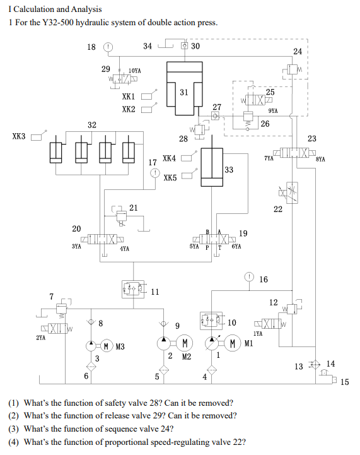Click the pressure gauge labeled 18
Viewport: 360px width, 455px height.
pyautogui.click(x=108, y=47)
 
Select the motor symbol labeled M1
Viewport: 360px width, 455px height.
pyautogui.click(x=234, y=344)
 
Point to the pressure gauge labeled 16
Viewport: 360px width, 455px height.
pyautogui.click(x=250, y=277)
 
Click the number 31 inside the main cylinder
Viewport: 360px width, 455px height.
pyautogui.click(x=183, y=92)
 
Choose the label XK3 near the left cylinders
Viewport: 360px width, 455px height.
pyautogui.click(x=20, y=136)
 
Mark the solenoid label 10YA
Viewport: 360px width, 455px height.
pyautogui.click(x=134, y=71)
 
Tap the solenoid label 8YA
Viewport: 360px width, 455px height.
pyautogui.click(x=320, y=160)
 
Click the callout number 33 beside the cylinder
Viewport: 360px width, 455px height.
pyautogui.click(x=228, y=170)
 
